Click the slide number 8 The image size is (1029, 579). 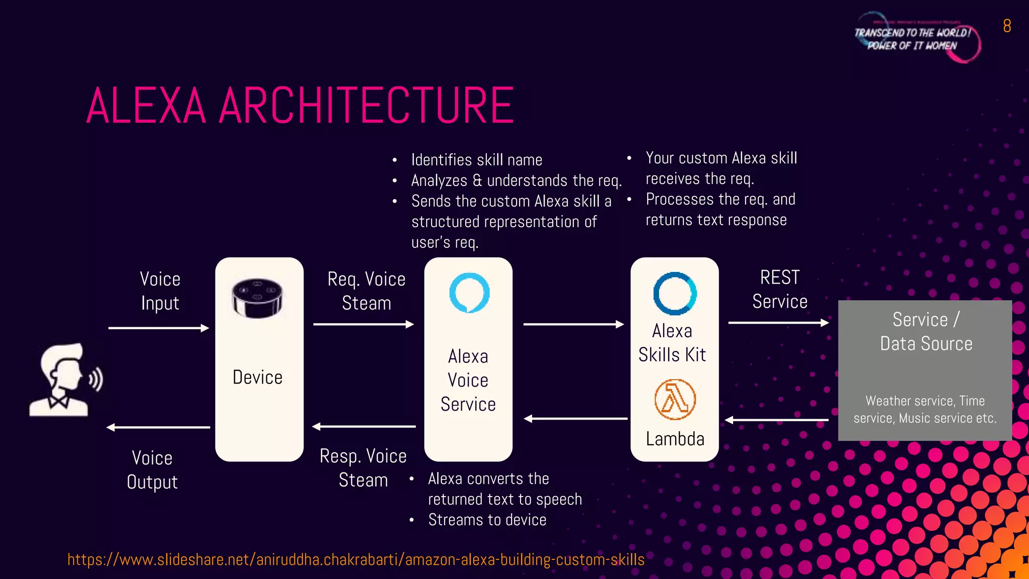(1007, 26)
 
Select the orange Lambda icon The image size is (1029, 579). (675, 400)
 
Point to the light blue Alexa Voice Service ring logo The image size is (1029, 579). (469, 293)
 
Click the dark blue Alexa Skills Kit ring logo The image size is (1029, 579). (675, 294)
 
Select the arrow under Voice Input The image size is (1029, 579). (158, 328)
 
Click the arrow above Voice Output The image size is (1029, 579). (158, 427)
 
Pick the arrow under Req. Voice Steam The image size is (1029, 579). (363, 324)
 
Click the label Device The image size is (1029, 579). (257, 377)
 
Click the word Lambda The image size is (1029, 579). (675, 439)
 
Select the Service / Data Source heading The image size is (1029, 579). (925, 332)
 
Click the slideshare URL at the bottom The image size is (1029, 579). (356, 559)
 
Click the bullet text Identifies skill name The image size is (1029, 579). (476, 160)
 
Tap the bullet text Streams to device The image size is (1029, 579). (487, 520)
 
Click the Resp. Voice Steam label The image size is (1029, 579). (363, 468)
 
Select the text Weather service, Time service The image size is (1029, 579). (924, 409)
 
